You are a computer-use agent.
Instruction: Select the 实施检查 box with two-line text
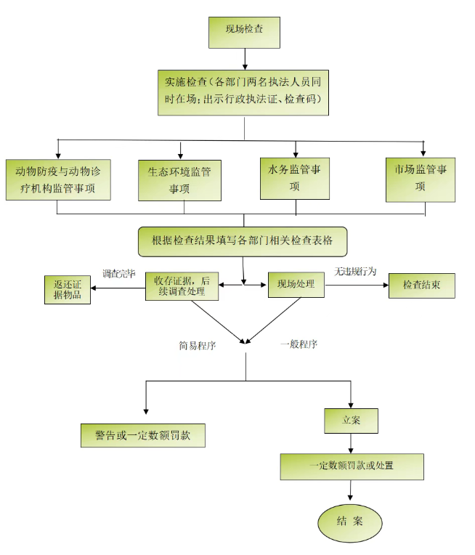[x=243, y=92]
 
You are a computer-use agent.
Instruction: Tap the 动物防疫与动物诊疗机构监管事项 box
[x=59, y=180]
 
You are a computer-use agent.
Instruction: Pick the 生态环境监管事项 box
[x=179, y=180]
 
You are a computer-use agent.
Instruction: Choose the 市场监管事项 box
[x=421, y=179]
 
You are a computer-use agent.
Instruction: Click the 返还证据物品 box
[x=68, y=288]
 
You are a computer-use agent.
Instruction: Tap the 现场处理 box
[x=296, y=284]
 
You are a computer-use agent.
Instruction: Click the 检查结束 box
[x=422, y=285]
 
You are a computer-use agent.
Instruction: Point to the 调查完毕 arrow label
[x=119, y=274]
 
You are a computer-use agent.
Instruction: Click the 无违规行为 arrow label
[x=355, y=272]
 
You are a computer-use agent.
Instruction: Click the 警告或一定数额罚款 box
[x=143, y=434]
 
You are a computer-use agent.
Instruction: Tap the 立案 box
[x=351, y=420]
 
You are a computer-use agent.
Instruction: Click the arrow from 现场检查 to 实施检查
[x=244, y=57]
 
